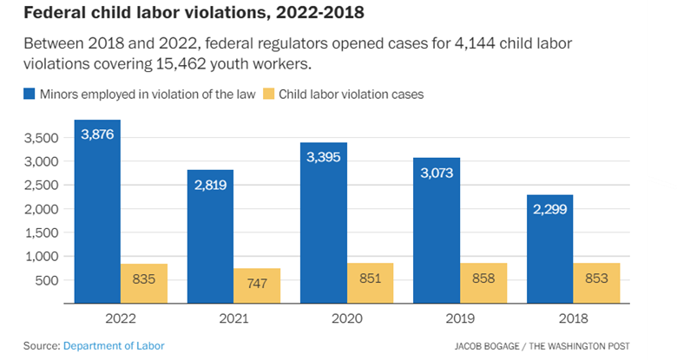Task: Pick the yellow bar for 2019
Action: point(483,283)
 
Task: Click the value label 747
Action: point(256,283)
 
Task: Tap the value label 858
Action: point(483,278)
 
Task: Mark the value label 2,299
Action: point(549,209)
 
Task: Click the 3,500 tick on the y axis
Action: point(41,138)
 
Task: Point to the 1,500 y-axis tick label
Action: point(41,232)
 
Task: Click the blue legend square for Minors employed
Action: point(30,94)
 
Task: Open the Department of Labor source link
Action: point(114,346)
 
